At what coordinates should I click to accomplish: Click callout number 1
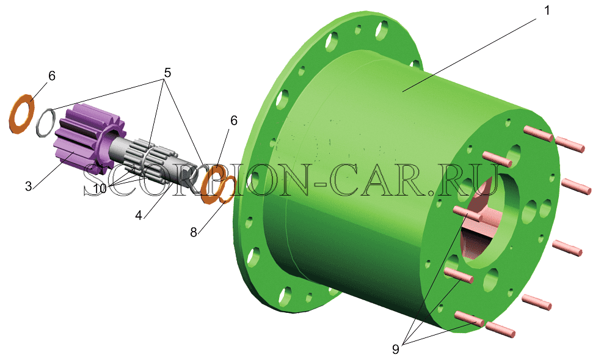(x=547, y=11)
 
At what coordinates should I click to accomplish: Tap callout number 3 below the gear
(x=28, y=186)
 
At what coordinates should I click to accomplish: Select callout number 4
(x=139, y=216)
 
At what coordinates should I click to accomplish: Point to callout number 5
(x=167, y=73)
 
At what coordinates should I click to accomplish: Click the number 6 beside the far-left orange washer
(x=52, y=76)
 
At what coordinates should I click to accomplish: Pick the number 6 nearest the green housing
(x=234, y=121)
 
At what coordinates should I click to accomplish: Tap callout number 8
(x=194, y=232)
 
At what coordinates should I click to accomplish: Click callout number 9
(x=396, y=349)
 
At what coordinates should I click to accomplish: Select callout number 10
(x=99, y=188)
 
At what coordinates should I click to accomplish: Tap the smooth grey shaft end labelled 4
(x=190, y=177)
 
